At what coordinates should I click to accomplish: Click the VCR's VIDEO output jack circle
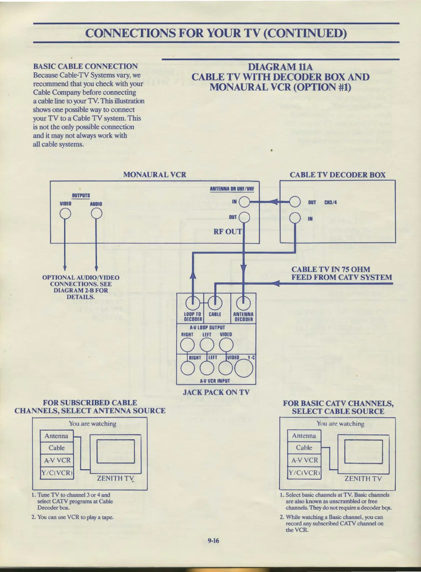65,214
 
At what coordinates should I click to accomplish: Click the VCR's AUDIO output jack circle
96,214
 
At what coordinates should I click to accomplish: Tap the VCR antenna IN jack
244,202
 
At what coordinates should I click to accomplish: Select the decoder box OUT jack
295,202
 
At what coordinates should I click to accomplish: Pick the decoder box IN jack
295,218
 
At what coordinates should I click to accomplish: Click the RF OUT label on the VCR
227,232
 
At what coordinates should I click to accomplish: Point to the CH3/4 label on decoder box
331,202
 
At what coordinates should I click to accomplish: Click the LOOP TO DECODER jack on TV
193,302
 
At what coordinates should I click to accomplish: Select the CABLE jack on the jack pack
215,302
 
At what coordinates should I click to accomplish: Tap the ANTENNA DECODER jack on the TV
243,302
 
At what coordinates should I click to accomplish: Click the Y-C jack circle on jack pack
244,368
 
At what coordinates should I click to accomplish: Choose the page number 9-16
213,540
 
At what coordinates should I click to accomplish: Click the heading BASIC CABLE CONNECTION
85,66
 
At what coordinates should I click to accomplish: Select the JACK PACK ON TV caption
216,392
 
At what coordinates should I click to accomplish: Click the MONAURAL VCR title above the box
155,175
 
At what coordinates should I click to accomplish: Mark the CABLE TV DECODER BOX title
337,175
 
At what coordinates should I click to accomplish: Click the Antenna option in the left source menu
57,436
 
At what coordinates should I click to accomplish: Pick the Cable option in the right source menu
304,448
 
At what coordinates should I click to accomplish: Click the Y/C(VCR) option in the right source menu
304,473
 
